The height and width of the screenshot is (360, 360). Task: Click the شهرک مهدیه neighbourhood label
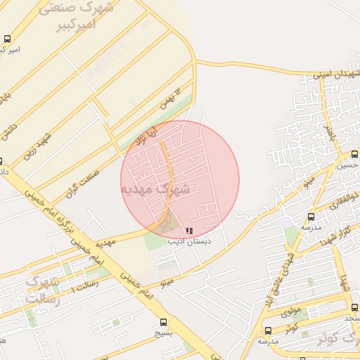[155, 189]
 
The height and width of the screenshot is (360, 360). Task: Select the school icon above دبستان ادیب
[188, 230]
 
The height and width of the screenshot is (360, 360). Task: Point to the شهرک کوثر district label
[325, 337]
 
